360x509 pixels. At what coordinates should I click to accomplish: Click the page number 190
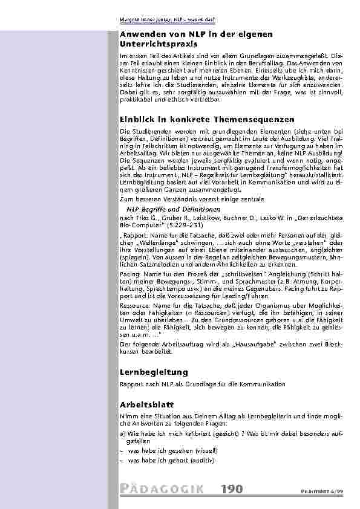click(x=232, y=489)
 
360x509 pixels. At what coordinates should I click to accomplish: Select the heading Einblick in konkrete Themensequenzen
click(x=198, y=120)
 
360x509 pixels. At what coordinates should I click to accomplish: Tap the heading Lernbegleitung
click(x=154, y=372)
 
